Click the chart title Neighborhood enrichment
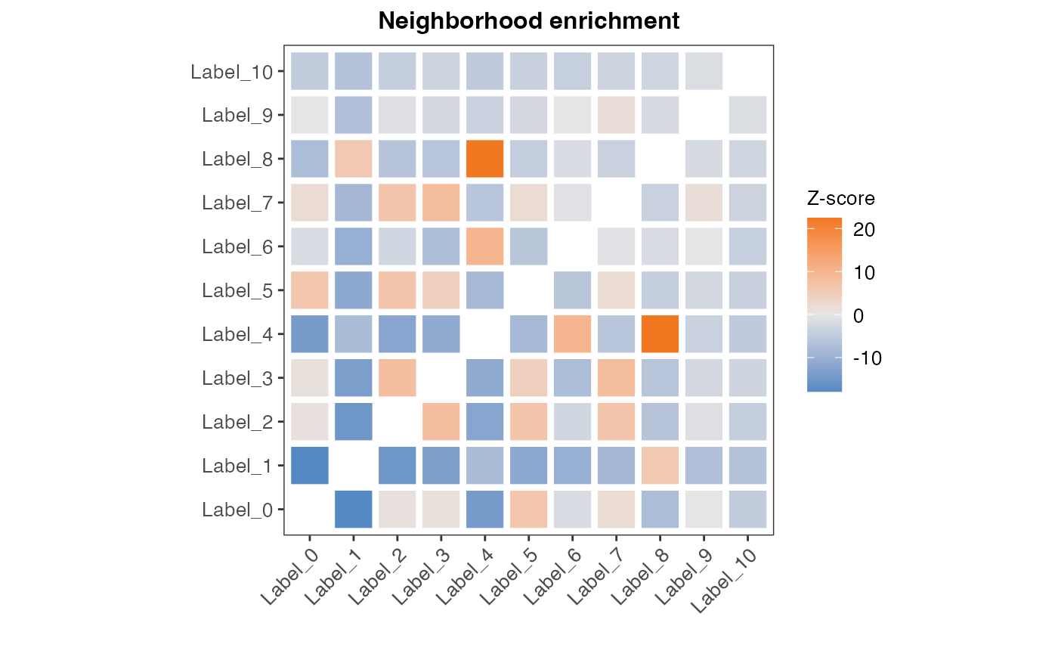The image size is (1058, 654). click(x=529, y=21)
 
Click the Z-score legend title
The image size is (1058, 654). click(x=840, y=200)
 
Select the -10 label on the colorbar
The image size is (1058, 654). click(x=866, y=358)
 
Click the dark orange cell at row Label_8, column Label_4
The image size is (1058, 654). click(x=485, y=159)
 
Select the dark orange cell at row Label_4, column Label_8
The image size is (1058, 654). click(x=660, y=334)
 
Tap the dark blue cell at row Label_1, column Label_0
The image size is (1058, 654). click(x=310, y=465)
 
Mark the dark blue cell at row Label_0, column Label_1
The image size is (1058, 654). click(x=354, y=509)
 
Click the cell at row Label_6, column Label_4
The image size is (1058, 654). click(x=485, y=246)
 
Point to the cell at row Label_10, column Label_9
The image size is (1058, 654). click(x=704, y=71)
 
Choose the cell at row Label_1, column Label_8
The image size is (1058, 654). click(x=660, y=465)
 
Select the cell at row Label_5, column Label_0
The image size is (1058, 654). click(x=310, y=290)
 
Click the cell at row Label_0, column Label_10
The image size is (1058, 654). click(x=748, y=509)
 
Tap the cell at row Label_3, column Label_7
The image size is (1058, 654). click(x=617, y=377)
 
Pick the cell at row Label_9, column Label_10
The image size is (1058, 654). click(x=748, y=115)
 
